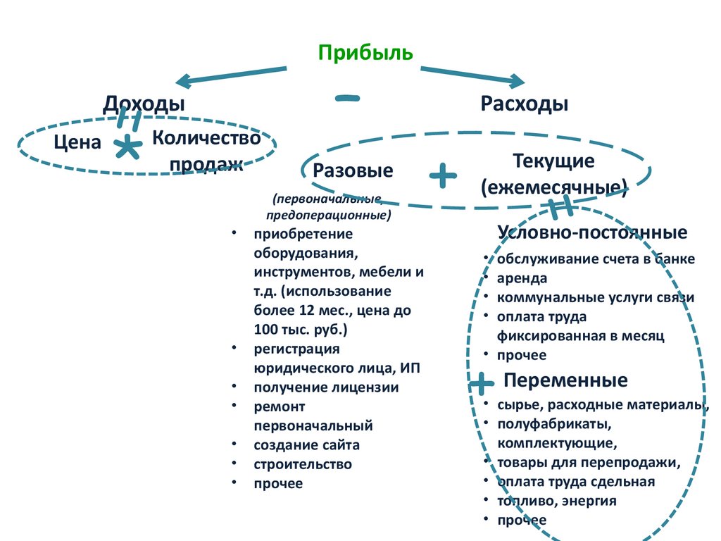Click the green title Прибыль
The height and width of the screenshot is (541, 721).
click(x=365, y=53)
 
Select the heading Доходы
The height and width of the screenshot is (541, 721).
click(x=144, y=104)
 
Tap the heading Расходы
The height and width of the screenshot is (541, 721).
click(x=525, y=104)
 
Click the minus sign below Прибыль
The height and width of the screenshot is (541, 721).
click(x=348, y=99)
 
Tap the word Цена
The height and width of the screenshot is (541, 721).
click(x=77, y=142)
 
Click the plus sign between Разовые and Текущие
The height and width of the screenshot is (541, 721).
click(x=443, y=175)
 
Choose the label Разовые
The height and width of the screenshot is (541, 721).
click(x=353, y=170)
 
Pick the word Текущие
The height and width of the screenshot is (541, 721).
click(x=553, y=161)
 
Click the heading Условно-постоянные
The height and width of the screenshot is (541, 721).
click(x=592, y=232)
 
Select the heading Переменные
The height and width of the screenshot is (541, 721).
click(x=565, y=381)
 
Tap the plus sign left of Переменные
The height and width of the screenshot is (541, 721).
click(x=482, y=384)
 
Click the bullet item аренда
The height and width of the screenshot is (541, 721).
click(x=522, y=278)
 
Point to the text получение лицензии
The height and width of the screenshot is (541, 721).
click(x=327, y=387)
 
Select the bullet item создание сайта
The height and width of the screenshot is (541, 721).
click(x=307, y=444)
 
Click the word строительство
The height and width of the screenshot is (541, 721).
click(x=303, y=464)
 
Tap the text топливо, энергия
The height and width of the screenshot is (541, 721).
click(x=557, y=501)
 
